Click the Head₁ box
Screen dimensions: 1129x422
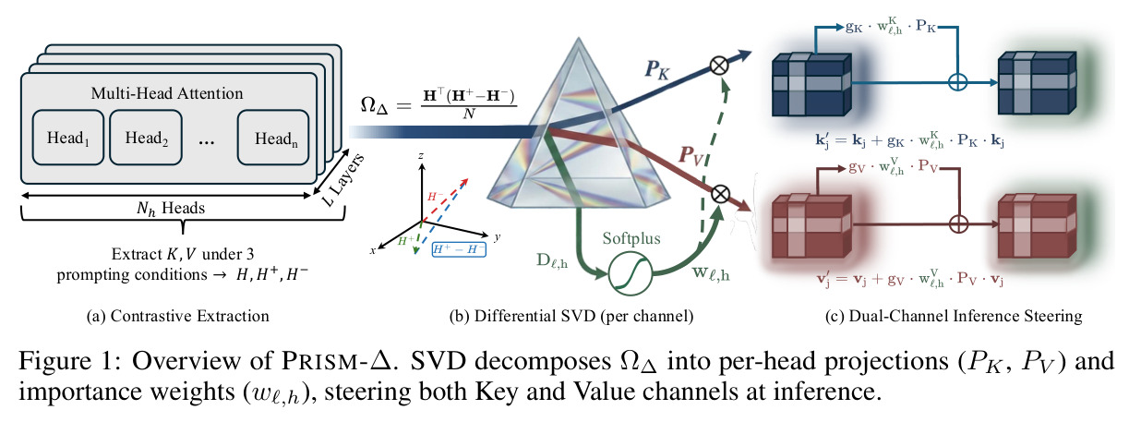68,138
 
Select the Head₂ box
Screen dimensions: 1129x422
146,138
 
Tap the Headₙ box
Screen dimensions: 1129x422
273,138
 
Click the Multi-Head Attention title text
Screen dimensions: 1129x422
167,93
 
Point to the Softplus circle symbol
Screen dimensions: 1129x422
630,273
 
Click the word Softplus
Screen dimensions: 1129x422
631,238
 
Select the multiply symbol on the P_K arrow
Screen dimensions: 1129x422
719,66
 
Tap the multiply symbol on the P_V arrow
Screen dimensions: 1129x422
720,195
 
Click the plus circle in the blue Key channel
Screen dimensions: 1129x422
957,81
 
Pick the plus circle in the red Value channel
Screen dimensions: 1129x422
958,223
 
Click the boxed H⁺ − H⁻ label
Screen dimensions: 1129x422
459,249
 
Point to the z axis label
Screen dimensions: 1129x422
421,156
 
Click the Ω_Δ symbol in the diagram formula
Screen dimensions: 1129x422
375,105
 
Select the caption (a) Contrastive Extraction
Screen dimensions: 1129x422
178,316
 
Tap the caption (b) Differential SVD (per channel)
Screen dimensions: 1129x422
571,316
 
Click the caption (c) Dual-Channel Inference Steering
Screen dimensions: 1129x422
954,316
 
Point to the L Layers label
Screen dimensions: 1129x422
343,180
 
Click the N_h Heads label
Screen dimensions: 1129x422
171,208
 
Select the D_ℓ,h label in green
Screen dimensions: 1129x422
552,260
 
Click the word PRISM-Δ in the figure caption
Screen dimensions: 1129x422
336,361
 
